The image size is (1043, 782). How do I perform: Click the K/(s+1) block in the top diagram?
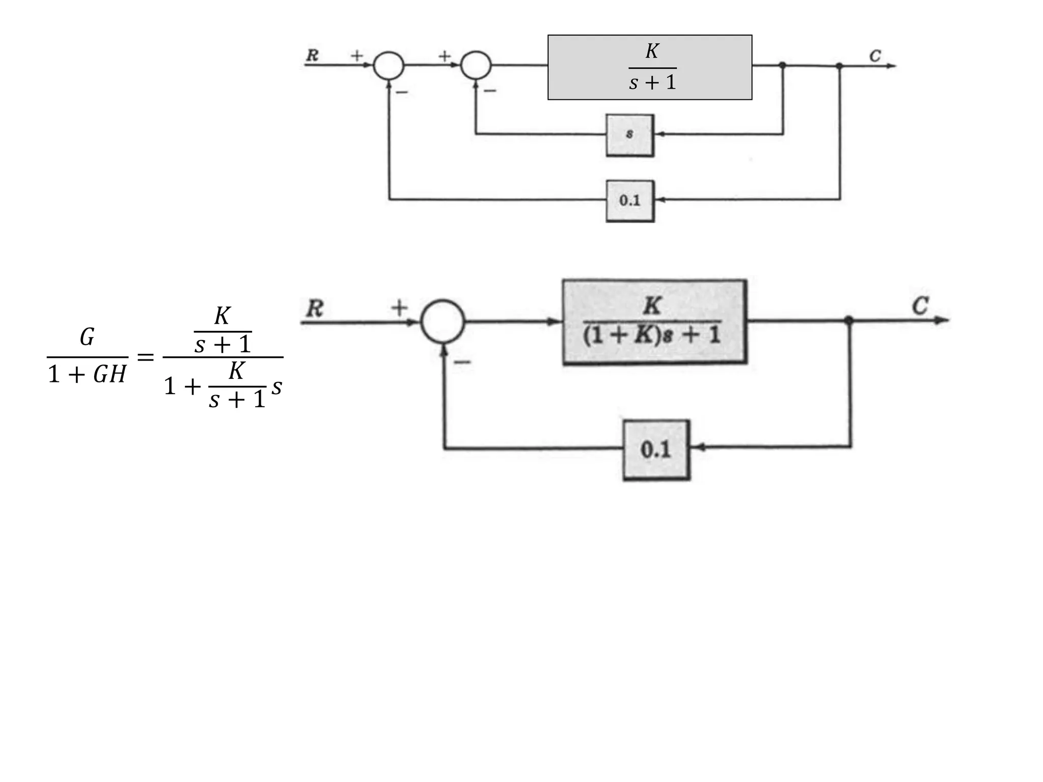(x=649, y=67)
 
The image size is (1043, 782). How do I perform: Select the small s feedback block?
(x=629, y=135)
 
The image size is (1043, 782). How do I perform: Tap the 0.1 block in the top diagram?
(x=629, y=201)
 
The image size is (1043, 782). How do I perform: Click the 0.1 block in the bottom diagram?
(x=656, y=450)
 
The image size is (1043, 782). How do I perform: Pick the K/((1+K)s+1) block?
(x=654, y=321)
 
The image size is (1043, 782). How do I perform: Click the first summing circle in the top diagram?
(x=389, y=66)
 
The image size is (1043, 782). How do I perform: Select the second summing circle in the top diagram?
(x=476, y=66)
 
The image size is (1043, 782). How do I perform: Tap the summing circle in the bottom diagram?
(x=443, y=321)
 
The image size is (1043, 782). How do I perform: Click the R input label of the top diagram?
(x=312, y=55)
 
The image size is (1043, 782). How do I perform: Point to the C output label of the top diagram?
(x=875, y=55)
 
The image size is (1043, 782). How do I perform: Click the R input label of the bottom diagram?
(x=315, y=309)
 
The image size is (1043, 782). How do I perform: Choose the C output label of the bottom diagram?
(x=920, y=306)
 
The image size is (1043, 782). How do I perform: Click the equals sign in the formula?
(x=146, y=357)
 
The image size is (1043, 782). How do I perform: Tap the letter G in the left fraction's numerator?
(x=87, y=337)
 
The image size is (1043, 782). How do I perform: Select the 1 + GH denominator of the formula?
(x=87, y=375)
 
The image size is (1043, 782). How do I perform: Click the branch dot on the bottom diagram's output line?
(x=848, y=320)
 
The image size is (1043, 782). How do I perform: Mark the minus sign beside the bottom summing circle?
(x=462, y=362)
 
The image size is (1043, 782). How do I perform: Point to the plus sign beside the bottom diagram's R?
(x=399, y=308)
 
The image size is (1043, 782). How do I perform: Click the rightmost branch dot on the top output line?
(x=839, y=66)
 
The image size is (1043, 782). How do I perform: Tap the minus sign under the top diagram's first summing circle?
(x=402, y=92)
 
